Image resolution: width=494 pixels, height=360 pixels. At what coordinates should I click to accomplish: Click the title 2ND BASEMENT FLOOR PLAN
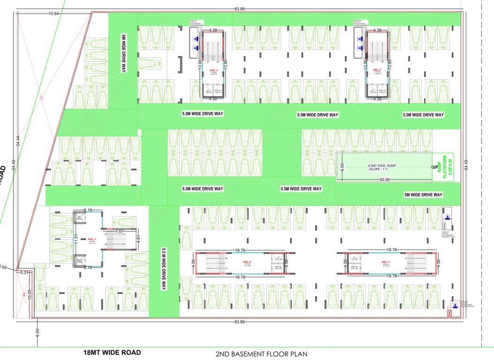coord(261,353)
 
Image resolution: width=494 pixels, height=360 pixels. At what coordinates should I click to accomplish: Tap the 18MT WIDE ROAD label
coord(112,352)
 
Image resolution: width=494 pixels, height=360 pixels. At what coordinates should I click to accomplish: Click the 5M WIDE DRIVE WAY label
coord(423,195)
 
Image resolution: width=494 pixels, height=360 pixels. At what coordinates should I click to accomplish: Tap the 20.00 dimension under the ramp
coord(384,180)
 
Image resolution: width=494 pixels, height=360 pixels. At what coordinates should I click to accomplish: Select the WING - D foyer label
coord(214,71)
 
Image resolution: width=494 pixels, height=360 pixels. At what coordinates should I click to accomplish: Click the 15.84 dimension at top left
coord(53,14)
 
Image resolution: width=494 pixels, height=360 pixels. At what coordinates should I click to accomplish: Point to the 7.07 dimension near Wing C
coord(119,231)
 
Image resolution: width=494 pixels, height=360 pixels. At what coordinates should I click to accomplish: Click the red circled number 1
coord(42,98)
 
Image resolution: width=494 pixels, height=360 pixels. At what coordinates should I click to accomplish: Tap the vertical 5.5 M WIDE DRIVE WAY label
coord(164,269)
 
